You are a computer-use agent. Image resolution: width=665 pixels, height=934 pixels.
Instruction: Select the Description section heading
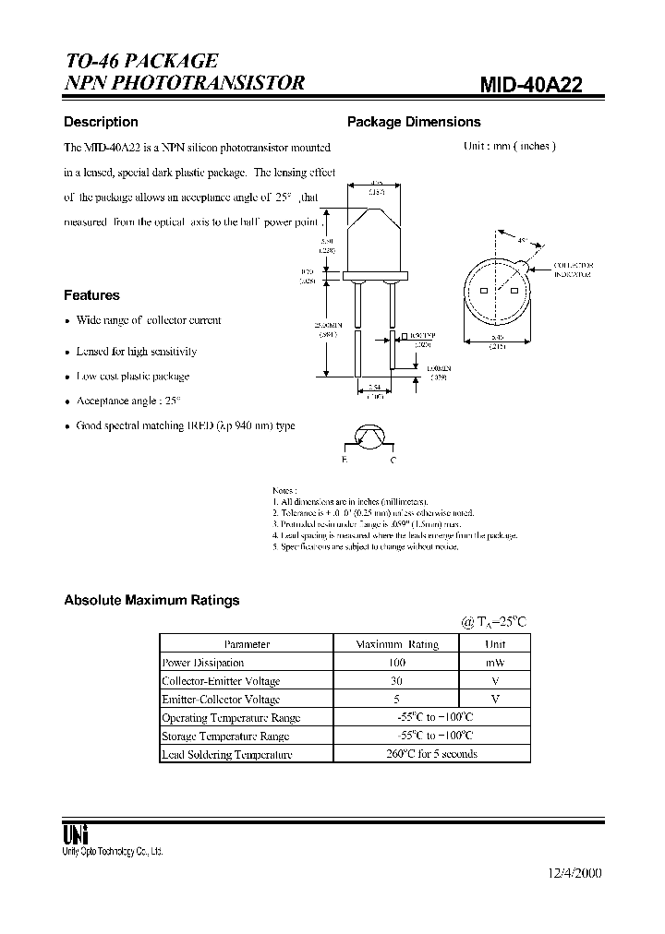[101, 122]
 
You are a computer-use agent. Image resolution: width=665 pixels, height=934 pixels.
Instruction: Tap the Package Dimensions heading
[413, 122]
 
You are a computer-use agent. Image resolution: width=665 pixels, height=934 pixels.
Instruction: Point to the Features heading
[91, 295]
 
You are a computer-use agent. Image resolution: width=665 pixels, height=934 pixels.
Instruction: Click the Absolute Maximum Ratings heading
[151, 600]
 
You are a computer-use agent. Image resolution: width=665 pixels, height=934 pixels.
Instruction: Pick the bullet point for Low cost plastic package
[67, 377]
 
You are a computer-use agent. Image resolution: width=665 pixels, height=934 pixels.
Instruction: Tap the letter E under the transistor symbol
[345, 459]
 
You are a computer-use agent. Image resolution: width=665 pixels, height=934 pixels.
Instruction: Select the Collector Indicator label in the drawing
[573, 269]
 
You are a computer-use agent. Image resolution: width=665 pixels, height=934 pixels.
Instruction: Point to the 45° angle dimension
[523, 241]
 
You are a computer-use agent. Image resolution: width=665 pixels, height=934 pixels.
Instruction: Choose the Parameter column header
[247, 644]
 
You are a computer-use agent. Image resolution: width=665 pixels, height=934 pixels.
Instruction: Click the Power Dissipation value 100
[397, 663]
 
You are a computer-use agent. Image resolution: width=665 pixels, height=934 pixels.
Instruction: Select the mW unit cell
[495, 663]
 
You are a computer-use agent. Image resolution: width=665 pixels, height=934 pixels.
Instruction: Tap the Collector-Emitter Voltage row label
[221, 681]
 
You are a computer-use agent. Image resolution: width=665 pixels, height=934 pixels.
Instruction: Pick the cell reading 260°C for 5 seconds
[431, 754]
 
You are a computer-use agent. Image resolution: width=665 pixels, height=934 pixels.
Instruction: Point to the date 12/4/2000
[568, 873]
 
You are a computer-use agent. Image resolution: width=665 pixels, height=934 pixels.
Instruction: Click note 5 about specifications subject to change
[366, 547]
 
